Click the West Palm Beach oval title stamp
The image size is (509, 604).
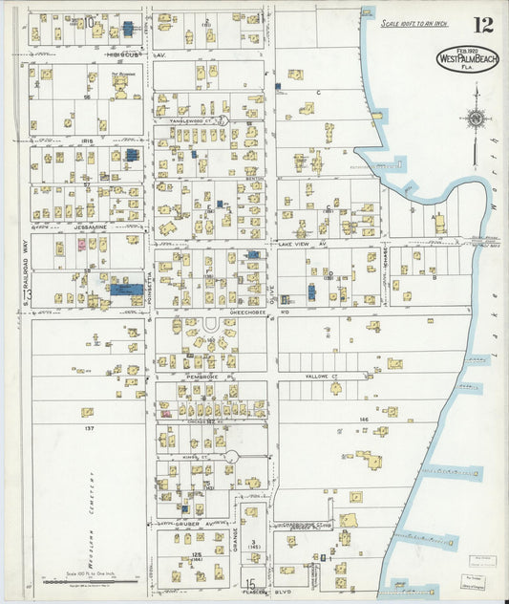(x=468, y=58)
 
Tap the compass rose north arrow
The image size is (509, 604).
(x=474, y=119)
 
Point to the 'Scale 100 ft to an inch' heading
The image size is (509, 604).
(x=414, y=23)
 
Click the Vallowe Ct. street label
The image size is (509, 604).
(x=321, y=377)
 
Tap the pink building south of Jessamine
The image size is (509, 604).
(x=81, y=245)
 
